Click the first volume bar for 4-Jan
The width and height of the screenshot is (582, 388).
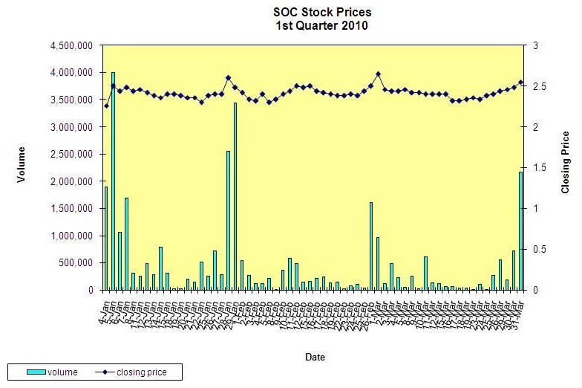pos(106,238)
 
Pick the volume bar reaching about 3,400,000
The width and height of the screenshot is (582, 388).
pos(235,196)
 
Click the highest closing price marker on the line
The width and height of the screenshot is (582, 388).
pos(378,74)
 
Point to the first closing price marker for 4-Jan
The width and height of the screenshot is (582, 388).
pos(106,106)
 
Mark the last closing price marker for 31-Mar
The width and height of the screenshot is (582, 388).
pos(520,83)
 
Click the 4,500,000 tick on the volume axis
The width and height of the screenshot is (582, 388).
pos(71,46)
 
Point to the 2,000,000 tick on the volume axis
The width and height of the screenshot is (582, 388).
pos(71,181)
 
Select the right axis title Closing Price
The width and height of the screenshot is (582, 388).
pos(566,162)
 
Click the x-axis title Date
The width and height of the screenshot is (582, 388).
pos(315,358)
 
